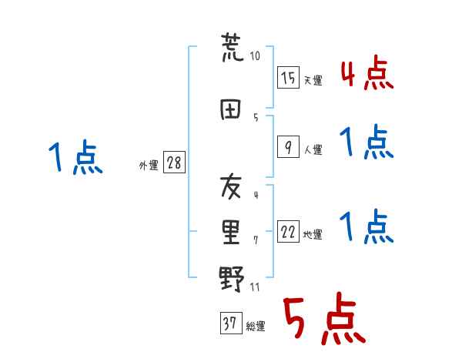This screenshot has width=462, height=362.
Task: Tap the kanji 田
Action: (232, 109)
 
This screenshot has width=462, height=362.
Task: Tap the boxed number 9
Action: (288, 146)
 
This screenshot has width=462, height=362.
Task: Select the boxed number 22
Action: (288, 232)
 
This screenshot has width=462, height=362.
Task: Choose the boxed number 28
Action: (174, 163)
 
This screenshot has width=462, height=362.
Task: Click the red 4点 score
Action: (367, 74)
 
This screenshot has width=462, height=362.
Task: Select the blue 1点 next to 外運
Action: (75, 158)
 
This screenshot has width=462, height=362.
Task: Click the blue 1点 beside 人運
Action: (367, 142)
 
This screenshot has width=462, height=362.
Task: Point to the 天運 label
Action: (313, 80)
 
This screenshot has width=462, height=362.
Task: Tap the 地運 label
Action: (313, 235)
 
